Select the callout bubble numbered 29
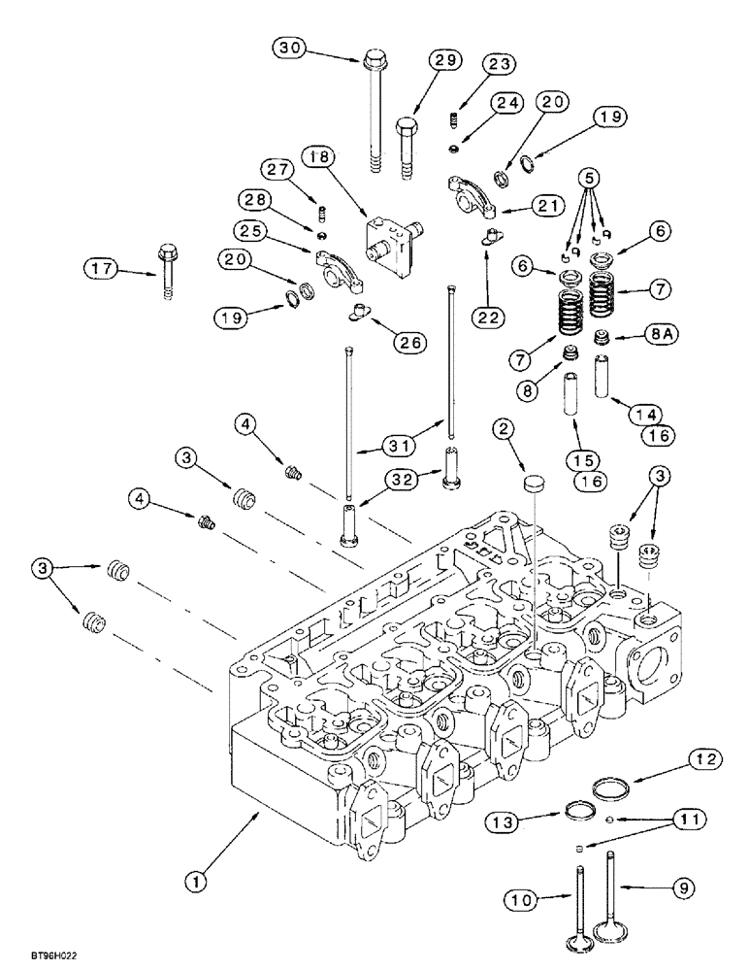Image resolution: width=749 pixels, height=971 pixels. (x=443, y=61)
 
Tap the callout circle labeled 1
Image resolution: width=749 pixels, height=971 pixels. (x=197, y=881)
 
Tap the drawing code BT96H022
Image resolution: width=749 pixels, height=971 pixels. (x=42, y=955)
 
